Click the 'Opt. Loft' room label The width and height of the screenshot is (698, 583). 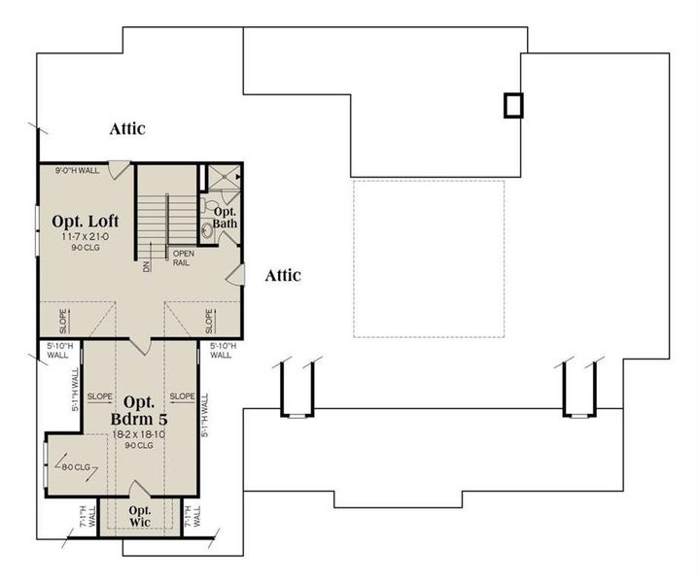click(x=86, y=221)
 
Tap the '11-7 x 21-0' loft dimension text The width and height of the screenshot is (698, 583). click(x=86, y=236)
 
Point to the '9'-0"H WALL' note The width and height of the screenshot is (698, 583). click(x=77, y=170)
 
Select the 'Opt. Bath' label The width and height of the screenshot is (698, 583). click(x=225, y=218)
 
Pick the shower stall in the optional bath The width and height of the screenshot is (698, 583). click(x=221, y=178)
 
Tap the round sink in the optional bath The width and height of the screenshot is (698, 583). click(x=206, y=229)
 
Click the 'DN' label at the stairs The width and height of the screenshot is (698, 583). click(x=147, y=265)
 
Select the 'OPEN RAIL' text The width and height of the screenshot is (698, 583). click(x=184, y=258)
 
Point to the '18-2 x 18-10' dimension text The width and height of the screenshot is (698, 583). click(x=141, y=433)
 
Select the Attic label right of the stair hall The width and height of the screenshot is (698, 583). click(x=283, y=276)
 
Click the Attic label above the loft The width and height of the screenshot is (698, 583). click(x=127, y=127)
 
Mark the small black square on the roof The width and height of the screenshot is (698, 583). click(x=512, y=105)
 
